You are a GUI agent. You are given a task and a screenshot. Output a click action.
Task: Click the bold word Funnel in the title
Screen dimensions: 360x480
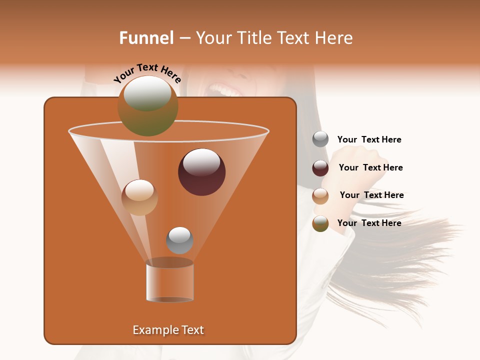click(x=146, y=38)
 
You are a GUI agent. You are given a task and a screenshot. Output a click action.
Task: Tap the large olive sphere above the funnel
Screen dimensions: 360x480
click(x=147, y=106)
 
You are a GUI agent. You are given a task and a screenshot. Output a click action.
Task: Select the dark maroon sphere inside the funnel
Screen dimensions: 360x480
click(x=201, y=172)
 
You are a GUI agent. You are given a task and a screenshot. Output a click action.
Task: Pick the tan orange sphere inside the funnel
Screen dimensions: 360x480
click(x=139, y=197)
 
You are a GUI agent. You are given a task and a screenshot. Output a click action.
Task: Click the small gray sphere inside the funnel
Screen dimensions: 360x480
click(x=179, y=240)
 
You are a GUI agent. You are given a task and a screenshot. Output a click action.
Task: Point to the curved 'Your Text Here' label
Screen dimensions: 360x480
click(x=147, y=73)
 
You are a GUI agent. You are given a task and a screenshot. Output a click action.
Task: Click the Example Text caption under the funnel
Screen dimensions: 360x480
click(x=168, y=330)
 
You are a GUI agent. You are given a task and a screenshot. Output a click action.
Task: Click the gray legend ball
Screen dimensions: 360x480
click(x=320, y=139)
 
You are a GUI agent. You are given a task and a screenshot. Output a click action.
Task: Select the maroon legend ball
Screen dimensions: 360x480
click(x=320, y=168)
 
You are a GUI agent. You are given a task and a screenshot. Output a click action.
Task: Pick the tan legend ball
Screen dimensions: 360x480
click(x=320, y=196)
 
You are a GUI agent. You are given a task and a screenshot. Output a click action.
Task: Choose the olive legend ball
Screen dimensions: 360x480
click(x=320, y=223)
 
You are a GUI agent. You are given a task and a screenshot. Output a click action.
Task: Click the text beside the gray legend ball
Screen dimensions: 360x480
click(x=369, y=139)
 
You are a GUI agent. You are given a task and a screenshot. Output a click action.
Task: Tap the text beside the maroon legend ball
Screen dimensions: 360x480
click(x=370, y=167)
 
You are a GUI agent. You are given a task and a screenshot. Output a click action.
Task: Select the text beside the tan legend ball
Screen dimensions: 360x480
click(x=371, y=195)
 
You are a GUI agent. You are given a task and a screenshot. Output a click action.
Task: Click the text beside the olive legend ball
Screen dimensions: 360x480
click(x=369, y=223)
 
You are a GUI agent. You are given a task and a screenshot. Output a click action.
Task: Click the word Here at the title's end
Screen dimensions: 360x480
click(x=335, y=38)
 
